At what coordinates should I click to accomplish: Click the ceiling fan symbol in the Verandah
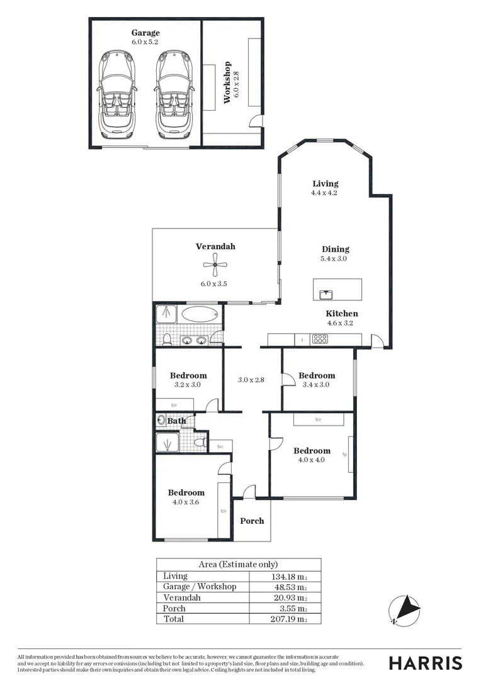click(x=215, y=265)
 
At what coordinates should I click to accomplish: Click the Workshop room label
click(x=228, y=82)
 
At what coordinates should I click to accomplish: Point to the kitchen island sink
click(x=325, y=294)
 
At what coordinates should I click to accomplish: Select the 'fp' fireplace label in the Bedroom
click(x=344, y=453)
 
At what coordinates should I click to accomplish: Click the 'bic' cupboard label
click(x=220, y=446)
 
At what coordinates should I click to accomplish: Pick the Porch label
click(x=252, y=521)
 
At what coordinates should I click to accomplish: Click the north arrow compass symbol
click(x=404, y=609)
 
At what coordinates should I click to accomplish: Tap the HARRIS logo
click(x=425, y=662)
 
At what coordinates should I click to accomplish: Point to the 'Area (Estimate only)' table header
click(x=238, y=565)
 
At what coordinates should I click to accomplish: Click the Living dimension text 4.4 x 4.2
click(x=325, y=193)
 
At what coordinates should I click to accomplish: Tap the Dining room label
click(x=335, y=249)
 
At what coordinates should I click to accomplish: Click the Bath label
click(x=176, y=421)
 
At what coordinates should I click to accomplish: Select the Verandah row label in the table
click(x=182, y=598)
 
